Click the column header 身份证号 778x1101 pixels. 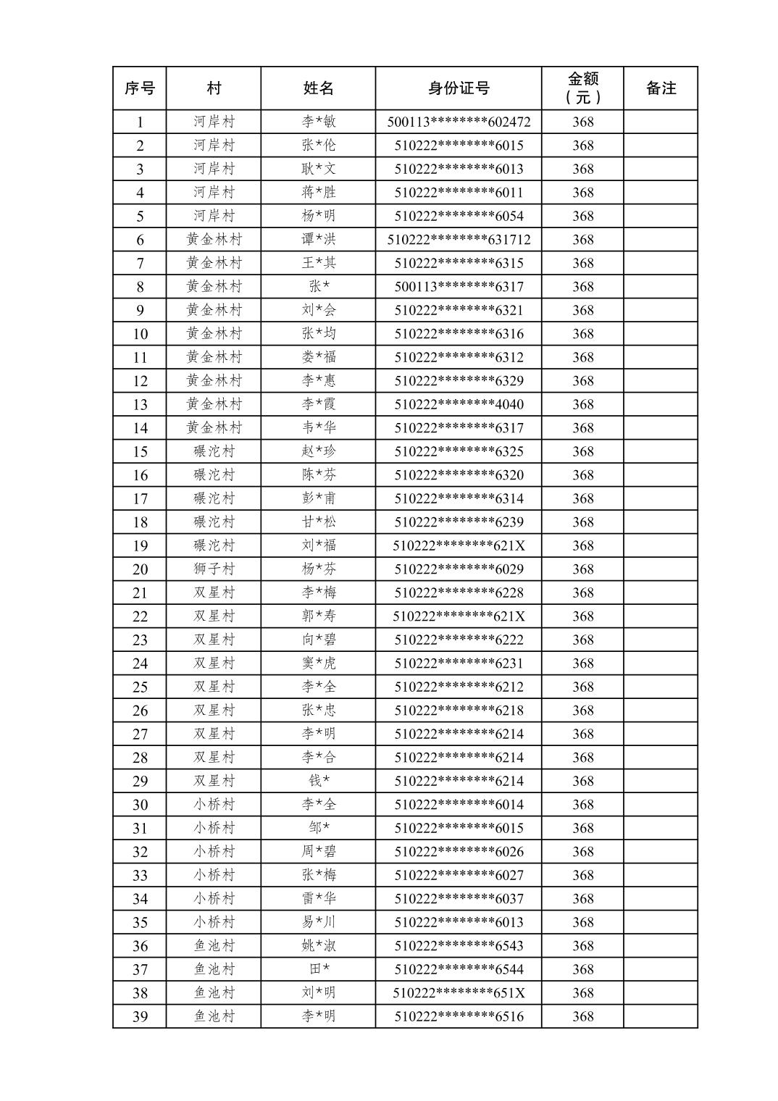point(459,88)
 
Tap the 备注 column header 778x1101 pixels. point(660,88)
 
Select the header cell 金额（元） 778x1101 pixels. point(582,88)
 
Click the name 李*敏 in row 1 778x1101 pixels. point(319,122)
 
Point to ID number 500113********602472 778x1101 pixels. point(459,122)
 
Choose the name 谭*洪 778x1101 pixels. point(319,239)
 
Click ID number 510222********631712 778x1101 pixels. point(459,239)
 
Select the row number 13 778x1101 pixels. point(140,404)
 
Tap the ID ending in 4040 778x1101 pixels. point(459,404)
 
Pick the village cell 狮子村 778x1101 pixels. point(214,569)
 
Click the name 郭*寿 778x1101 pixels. point(319,616)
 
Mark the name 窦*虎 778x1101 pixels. point(319,663)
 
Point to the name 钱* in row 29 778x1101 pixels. point(319,781)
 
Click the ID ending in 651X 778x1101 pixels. point(459,992)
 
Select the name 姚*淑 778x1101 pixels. point(319,945)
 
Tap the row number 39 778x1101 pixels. point(140,1016)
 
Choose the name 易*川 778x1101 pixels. point(319,922)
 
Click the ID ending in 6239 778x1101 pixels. point(459,522)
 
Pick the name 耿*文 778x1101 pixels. point(319,169)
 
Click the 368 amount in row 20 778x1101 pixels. point(582,569)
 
